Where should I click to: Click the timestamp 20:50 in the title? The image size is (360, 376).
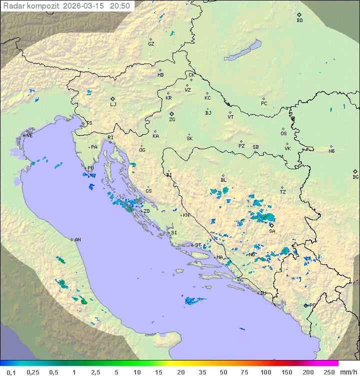(120, 6)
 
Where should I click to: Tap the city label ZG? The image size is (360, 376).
(172, 120)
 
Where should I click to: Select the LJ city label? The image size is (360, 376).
(113, 105)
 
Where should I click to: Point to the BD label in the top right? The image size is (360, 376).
(299, 21)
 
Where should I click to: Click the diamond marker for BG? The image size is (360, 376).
(355, 171)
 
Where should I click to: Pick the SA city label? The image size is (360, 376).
(272, 231)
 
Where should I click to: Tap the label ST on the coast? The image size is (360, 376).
(198, 245)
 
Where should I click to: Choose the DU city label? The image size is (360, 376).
(262, 293)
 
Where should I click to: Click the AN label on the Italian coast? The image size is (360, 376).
(77, 240)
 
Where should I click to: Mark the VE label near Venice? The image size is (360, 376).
(29, 136)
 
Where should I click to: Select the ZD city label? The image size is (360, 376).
(146, 211)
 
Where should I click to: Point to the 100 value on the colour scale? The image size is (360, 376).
(265, 372)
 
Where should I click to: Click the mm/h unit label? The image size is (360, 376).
(347, 372)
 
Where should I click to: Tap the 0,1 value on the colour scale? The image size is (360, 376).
(11, 372)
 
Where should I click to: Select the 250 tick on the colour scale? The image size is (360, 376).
(329, 372)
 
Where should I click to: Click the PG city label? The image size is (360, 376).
(313, 305)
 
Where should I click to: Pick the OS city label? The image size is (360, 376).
(283, 134)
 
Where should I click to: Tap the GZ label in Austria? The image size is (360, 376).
(151, 44)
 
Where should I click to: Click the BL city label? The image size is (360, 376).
(223, 180)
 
